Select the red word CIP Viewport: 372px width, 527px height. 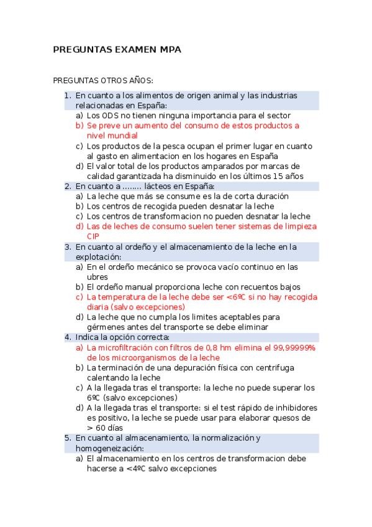[x=93, y=236]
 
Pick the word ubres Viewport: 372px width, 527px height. [x=98, y=277]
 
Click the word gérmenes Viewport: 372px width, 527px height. [x=107, y=327]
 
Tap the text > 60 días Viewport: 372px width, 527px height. [x=105, y=428]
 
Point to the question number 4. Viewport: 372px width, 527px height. [x=68, y=337]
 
